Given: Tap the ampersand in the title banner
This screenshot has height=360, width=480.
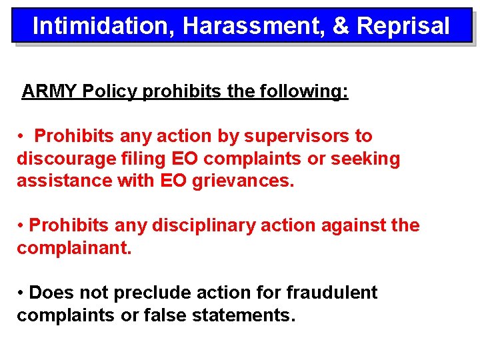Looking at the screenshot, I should (340, 26).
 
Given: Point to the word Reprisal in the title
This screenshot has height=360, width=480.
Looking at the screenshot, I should (403, 26).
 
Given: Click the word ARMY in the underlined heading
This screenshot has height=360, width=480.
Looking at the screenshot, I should (49, 91).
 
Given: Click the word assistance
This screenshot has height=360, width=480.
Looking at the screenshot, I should (63, 181).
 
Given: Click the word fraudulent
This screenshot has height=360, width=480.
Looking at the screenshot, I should (331, 293).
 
